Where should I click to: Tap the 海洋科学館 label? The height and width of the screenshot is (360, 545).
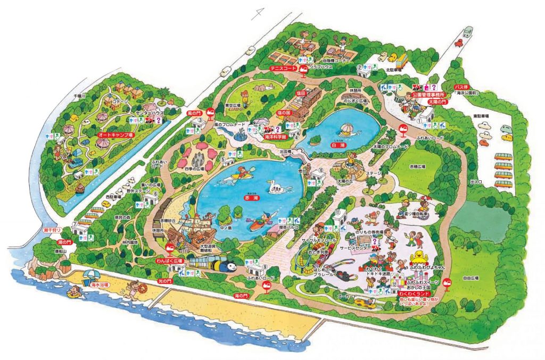click(x=275, y=137)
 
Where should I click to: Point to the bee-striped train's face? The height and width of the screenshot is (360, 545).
click(x=229, y=264)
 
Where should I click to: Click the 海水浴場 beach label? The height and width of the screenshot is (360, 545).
click(x=100, y=286)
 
